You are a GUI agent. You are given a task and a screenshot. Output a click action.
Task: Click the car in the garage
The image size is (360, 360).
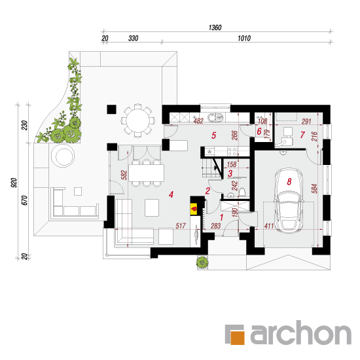(289, 200)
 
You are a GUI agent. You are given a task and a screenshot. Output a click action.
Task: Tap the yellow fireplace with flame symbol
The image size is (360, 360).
(194, 209)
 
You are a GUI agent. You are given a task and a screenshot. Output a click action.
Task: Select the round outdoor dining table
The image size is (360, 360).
(137, 120)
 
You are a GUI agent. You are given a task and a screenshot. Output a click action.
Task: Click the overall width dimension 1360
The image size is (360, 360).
(215, 27)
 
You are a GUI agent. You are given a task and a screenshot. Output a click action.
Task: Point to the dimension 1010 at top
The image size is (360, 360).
(244, 38)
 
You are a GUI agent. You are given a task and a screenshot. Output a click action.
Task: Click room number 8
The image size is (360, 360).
(289, 181)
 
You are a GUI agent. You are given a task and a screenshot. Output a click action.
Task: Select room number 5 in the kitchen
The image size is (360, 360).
(214, 135)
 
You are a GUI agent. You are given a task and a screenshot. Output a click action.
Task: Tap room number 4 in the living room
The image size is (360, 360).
(171, 194)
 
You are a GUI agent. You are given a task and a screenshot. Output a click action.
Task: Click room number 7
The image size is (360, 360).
(302, 135)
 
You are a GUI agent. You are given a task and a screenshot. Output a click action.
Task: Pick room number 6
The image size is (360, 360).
(259, 132)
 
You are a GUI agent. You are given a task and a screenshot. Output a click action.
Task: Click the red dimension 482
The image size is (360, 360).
(198, 121)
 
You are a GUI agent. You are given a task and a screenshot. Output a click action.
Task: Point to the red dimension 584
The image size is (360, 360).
(315, 189)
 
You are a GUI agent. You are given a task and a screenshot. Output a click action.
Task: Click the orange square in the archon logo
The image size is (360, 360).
(238, 337)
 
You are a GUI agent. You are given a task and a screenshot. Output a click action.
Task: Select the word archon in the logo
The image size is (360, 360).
(301, 333)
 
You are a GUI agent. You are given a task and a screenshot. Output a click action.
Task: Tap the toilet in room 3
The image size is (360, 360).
(242, 192)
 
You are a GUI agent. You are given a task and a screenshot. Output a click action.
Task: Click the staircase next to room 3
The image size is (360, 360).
(211, 168)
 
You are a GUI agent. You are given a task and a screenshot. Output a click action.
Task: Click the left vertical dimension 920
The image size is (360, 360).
(14, 183)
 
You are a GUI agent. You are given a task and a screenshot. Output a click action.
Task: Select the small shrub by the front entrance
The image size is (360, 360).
(202, 262)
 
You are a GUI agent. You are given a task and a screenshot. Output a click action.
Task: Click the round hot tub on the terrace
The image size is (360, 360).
(63, 156)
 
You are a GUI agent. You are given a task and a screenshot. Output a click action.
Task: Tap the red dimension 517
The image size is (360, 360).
(181, 226)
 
